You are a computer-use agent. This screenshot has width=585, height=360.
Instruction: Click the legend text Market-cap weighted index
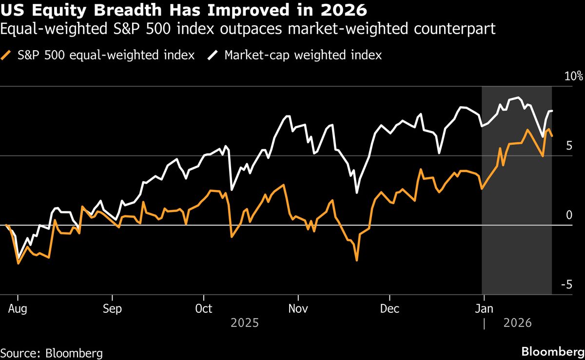(x=303, y=55)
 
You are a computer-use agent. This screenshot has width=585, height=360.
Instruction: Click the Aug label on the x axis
(x=18, y=309)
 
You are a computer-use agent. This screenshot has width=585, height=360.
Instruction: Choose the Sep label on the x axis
(x=112, y=309)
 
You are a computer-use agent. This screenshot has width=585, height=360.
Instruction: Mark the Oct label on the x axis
(x=204, y=309)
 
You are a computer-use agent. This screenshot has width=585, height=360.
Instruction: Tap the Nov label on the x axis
(x=298, y=309)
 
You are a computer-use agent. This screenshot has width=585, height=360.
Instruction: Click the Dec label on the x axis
(x=390, y=309)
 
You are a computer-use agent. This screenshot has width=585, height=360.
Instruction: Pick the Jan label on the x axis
(x=484, y=309)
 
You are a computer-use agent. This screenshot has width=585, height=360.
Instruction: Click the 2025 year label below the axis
(x=245, y=323)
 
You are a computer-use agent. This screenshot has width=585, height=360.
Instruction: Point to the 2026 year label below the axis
(x=518, y=323)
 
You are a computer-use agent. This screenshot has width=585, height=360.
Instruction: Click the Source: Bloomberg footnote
(x=52, y=353)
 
